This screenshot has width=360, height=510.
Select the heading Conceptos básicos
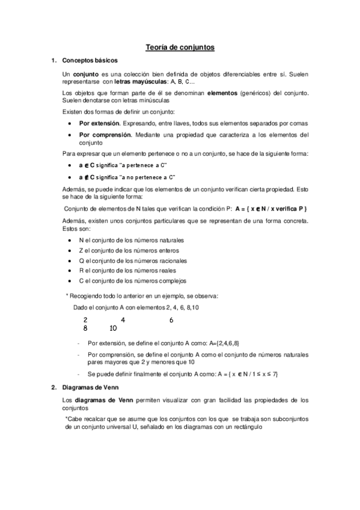[x=86, y=61]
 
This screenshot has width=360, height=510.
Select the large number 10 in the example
[x=114, y=329]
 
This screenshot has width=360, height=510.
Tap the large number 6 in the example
[x=171, y=320]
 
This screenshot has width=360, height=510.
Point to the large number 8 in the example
[x=85, y=329]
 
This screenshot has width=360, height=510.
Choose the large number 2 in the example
[x=85, y=320]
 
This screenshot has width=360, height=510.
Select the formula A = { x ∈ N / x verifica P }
[x=272, y=208]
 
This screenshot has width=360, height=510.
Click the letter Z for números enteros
[x=81, y=250]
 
